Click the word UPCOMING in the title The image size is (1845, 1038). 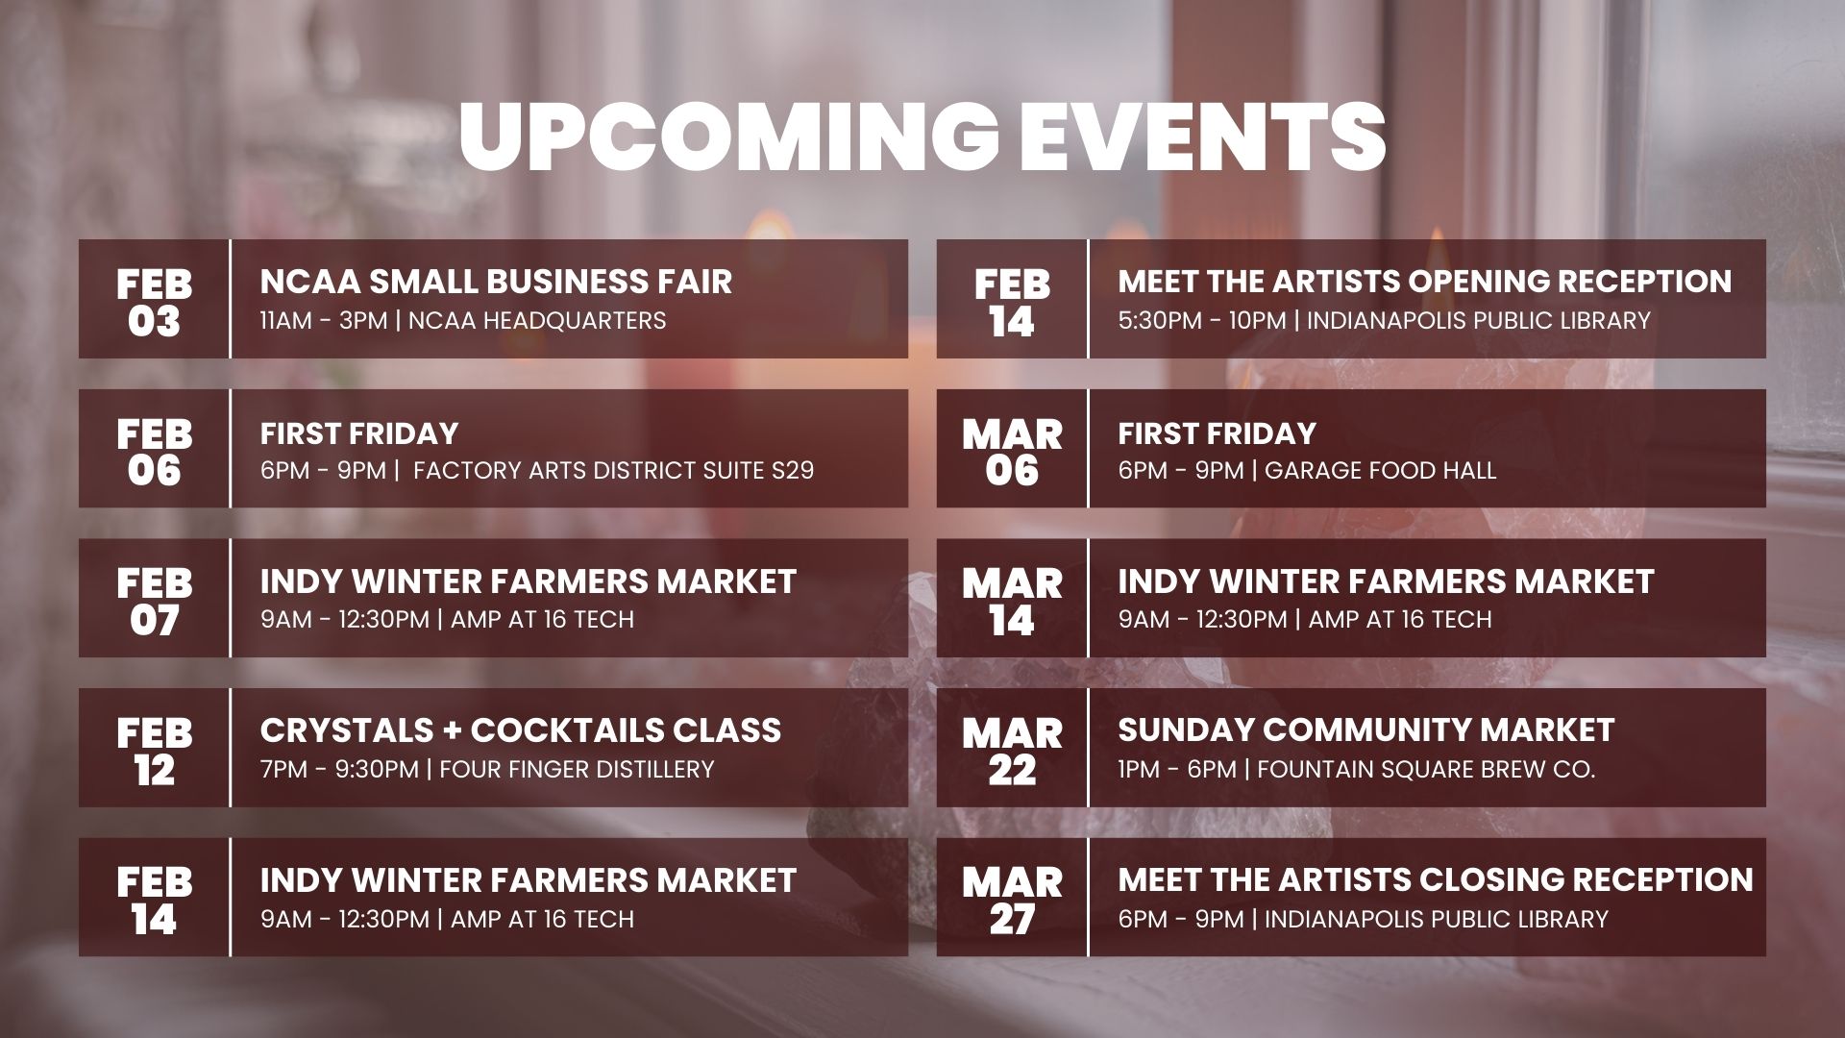tap(728, 136)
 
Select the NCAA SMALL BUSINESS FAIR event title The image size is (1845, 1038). tap(496, 282)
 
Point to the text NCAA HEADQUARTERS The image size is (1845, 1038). tap(536, 320)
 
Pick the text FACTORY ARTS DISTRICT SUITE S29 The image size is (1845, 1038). tap(614, 470)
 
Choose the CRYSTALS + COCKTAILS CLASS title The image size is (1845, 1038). tap(520, 730)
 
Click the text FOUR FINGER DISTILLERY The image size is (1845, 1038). tap(577, 769)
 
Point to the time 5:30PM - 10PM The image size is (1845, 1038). tap(1201, 320)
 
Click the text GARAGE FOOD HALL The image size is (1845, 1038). tap(1380, 470)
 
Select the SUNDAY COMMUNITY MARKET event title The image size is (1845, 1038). tap(1365, 730)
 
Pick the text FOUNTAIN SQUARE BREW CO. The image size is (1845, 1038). tap(1425, 769)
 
